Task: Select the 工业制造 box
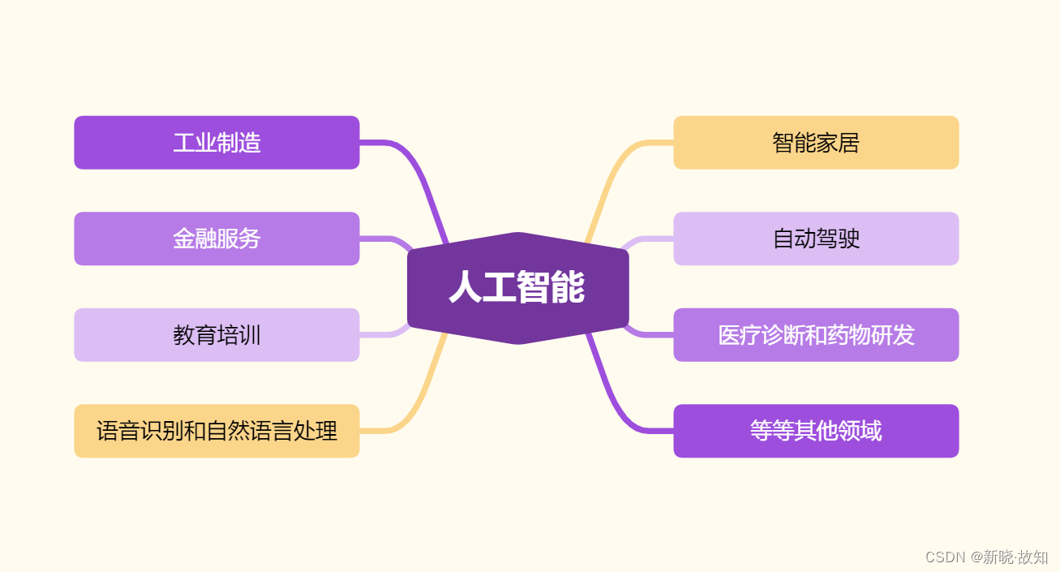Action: pos(217,143)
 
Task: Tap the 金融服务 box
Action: pos(217,239)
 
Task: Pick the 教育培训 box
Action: pos(217,334)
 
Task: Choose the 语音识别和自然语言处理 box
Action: pos(217,431)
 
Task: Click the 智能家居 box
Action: pos(816,143)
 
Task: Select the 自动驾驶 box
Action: pos(816,239)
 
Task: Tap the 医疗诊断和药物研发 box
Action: pos(816,334)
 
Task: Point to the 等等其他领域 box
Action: pos(816,431)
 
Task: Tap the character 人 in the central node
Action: pos(466,288)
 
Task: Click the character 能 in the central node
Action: pos(568,288)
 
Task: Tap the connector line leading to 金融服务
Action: pos(381,239)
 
